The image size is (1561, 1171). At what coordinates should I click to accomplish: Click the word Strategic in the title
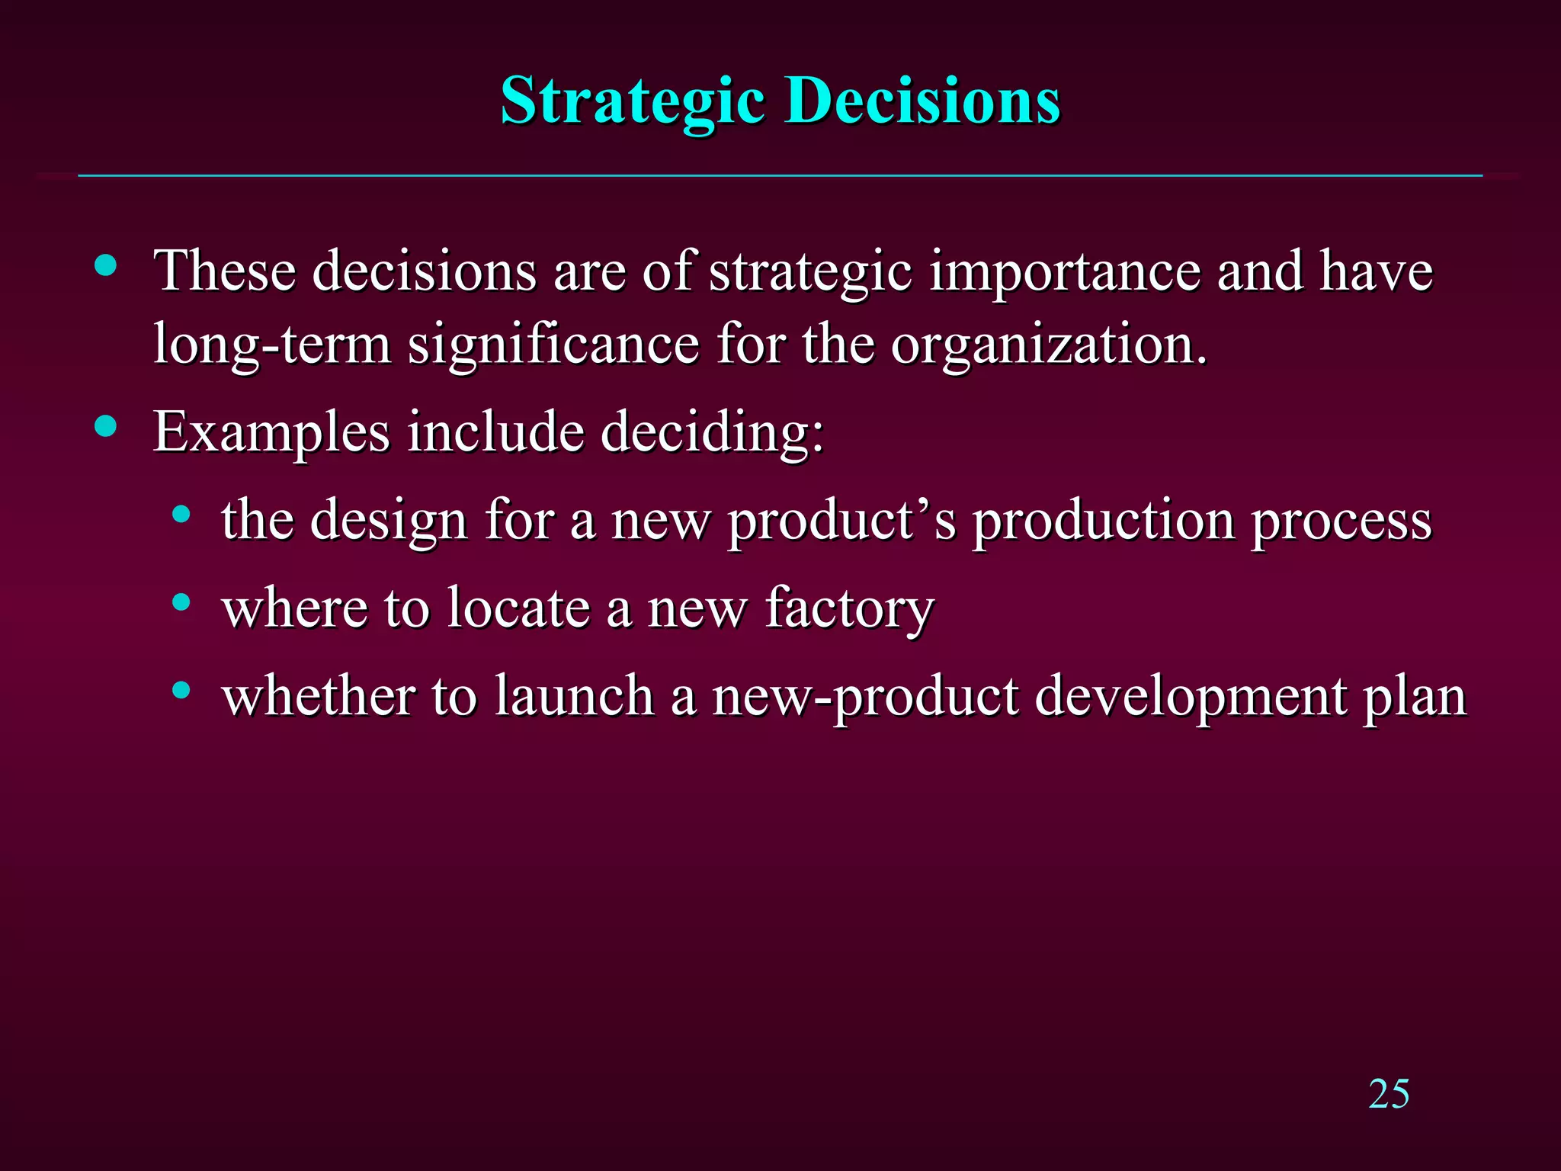(633, 101)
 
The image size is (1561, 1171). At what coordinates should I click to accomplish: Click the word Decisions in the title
(923, 101)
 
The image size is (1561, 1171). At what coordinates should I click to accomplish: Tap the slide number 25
(1389, 1095)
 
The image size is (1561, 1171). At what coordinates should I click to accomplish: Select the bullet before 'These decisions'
(106, 265)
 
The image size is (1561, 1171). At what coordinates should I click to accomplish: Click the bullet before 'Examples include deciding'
(106, 426)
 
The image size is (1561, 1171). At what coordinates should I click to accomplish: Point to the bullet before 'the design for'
(181, 514)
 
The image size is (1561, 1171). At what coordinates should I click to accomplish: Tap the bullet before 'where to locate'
(181, 602)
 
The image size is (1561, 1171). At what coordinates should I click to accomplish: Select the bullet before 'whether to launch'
(181, 691)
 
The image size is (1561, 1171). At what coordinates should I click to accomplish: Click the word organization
(1050, 345)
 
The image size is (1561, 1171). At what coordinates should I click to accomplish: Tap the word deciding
(712, 432)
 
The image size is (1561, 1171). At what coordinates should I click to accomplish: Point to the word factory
(849, 609)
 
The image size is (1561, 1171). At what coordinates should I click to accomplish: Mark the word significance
(553, 345)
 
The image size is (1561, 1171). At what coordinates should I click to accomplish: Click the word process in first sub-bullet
(1342, 523)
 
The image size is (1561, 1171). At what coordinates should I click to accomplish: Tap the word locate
(518, 608)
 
